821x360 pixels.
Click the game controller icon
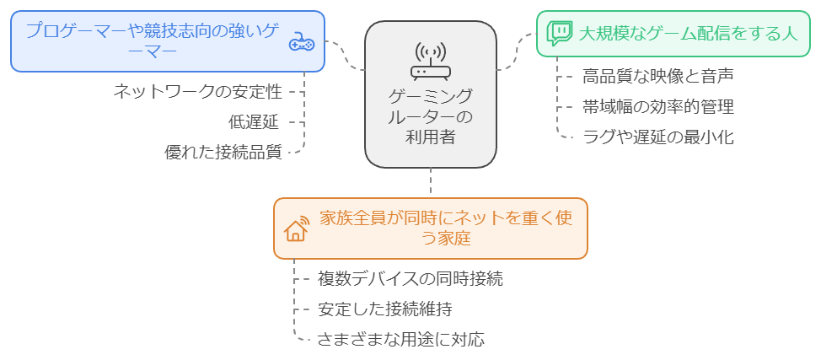pyautogui.click(x=301, y=41)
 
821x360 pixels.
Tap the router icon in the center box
pyautogui.click(x=430, y=60)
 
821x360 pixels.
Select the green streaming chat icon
pyautogui.click(x=559, y=33)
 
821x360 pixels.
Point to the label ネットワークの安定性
pyautogui.click(x=197, y=91)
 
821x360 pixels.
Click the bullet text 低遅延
pyautogui.click(x=253, y=121)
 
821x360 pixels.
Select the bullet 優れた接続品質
pyautogui.click(x=223, y=153)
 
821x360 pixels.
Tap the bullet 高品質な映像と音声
pyautogui.click(x=657, y=77)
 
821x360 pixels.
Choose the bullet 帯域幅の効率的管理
pyautogui.click(x=657, y=107)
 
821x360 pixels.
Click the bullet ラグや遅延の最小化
pyautogui.click(x=657, y=137)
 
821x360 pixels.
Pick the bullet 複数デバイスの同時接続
pyautogui.click(x=410, y=279)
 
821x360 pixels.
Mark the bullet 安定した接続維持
pyautogui.click(x=389, y=309)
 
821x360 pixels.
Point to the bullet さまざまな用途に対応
pyautogui.click(x=400, y=340)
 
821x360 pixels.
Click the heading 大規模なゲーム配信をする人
pyautogui.click(x=688, y=33)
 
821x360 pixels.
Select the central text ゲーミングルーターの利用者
pyautogui.click(x=430, y=116)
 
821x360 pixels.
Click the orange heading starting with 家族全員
pyautogui.click(x=447, y=228)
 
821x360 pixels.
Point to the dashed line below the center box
pyautogui.click(x=431, y=181)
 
